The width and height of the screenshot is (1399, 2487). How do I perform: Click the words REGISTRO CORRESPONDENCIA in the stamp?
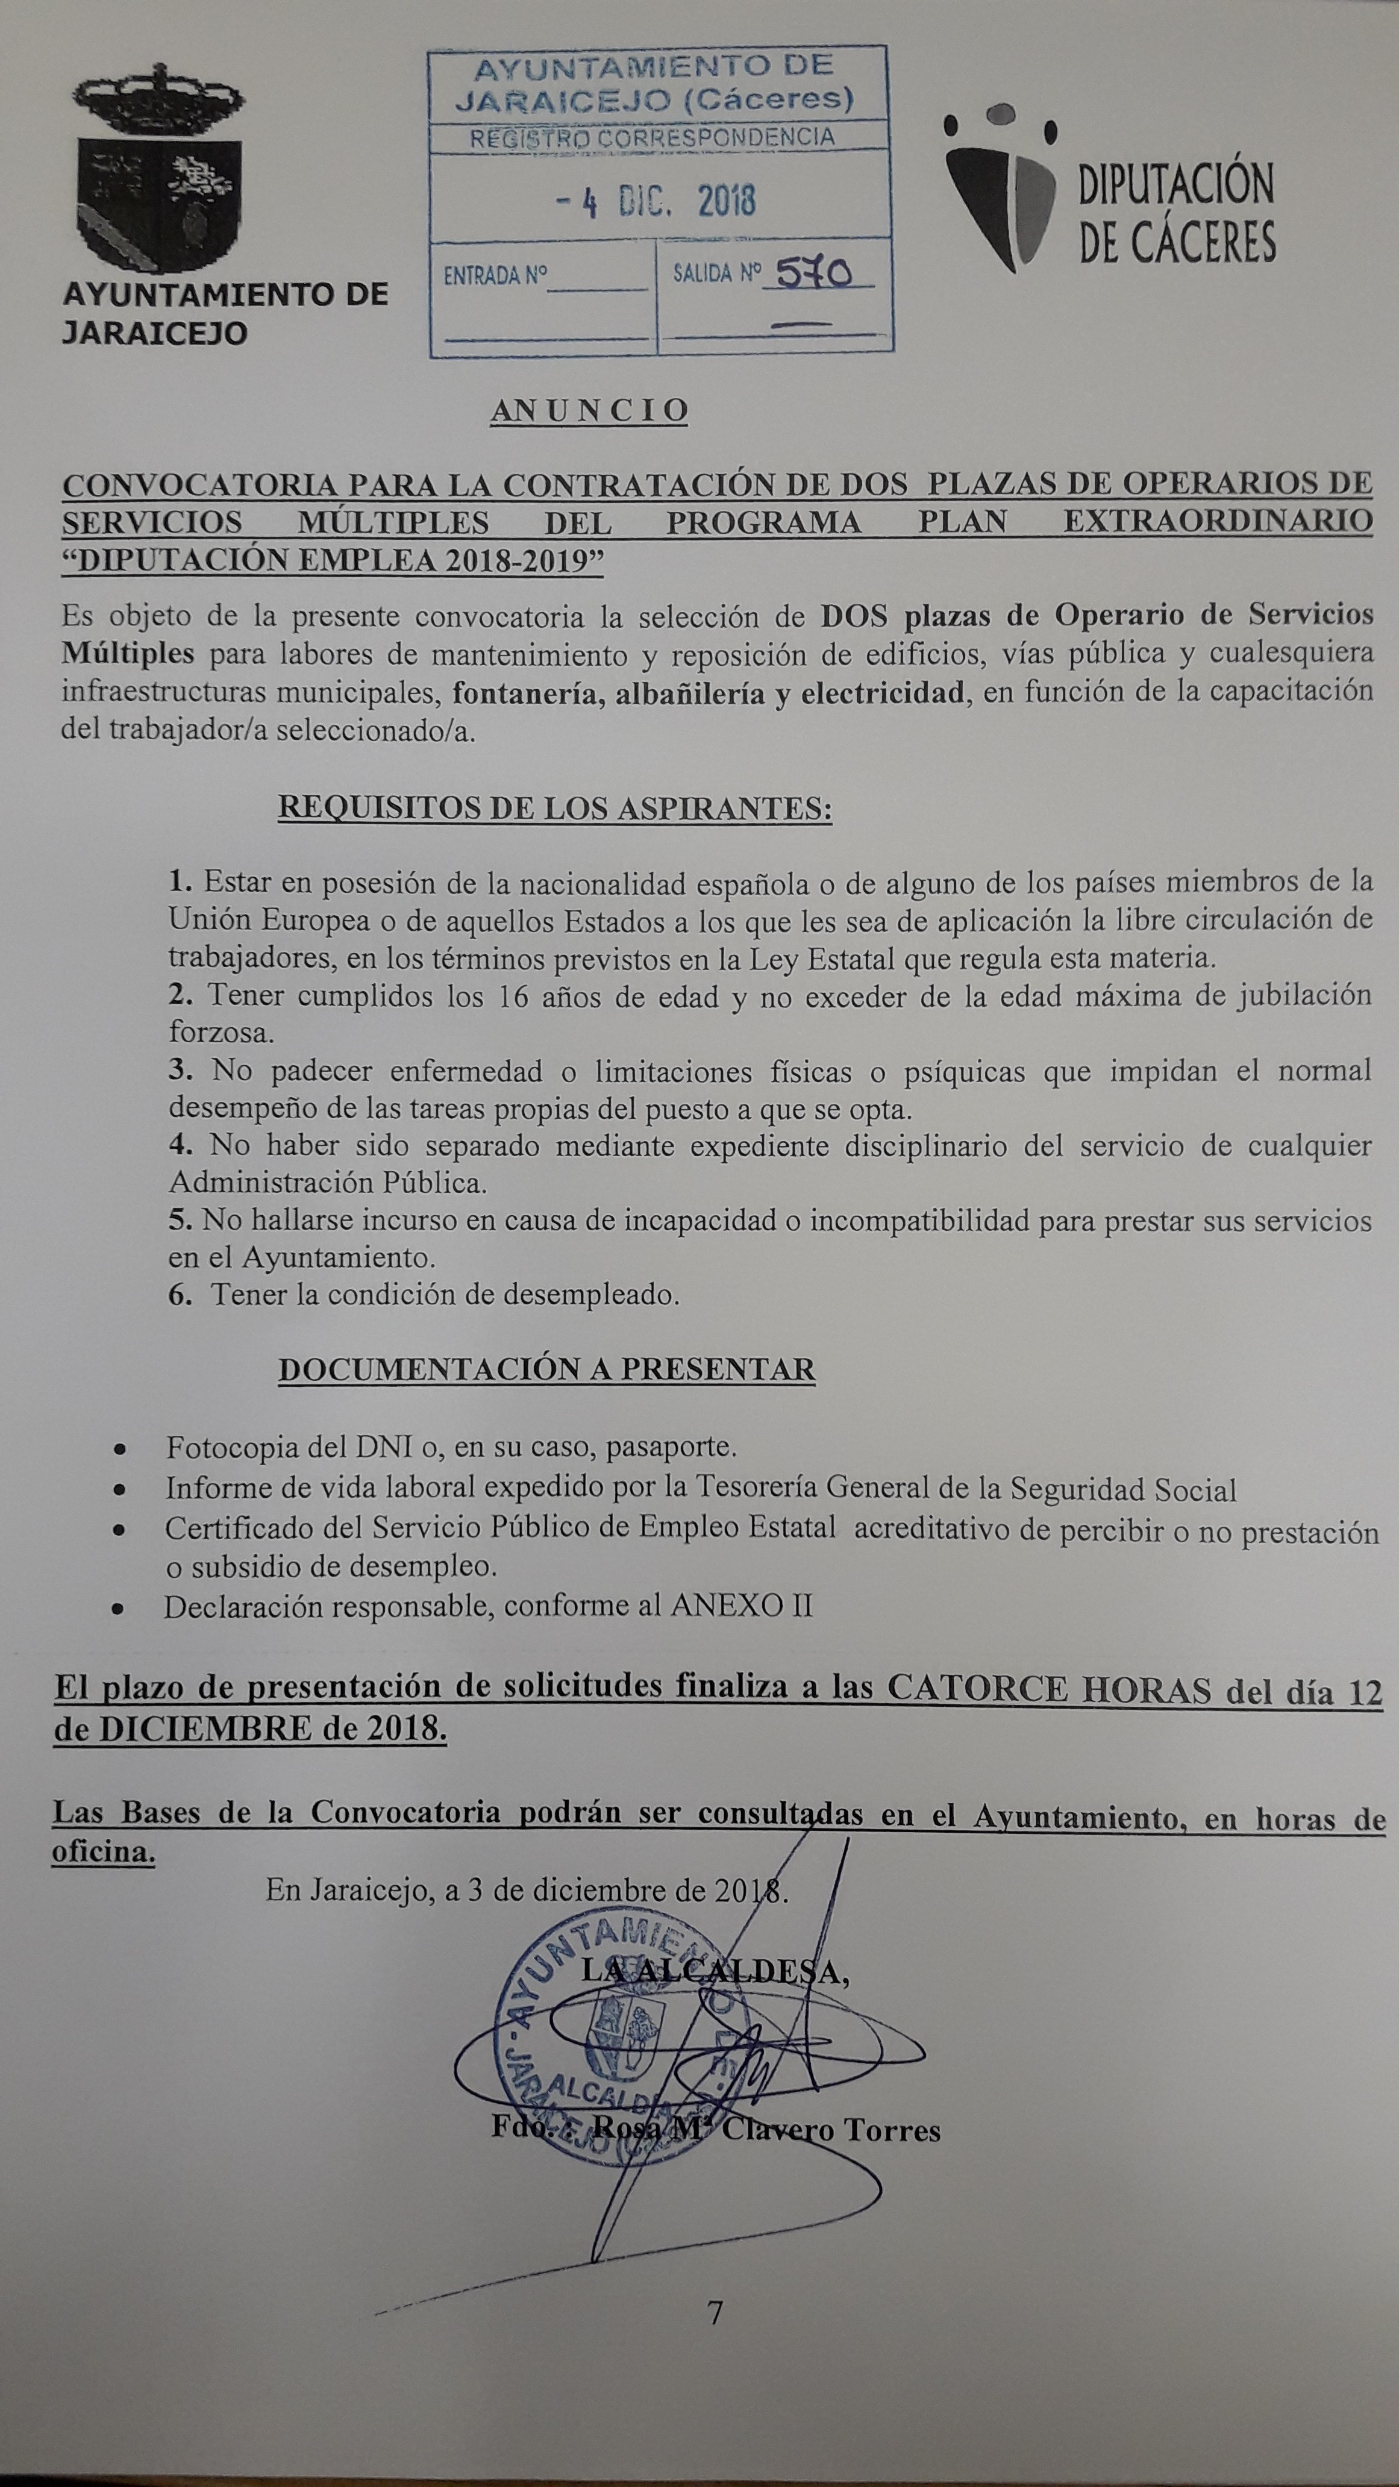(x=652, y=138)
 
